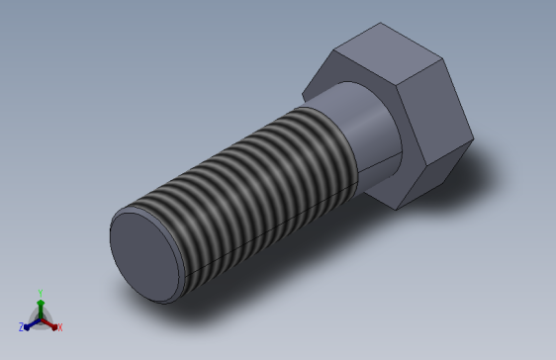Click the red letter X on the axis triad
coord(59,326)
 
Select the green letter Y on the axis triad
coord(40,292)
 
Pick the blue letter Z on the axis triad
coord(21,326)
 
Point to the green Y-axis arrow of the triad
coord(40,307)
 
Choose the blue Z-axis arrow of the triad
coord(31,322)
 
